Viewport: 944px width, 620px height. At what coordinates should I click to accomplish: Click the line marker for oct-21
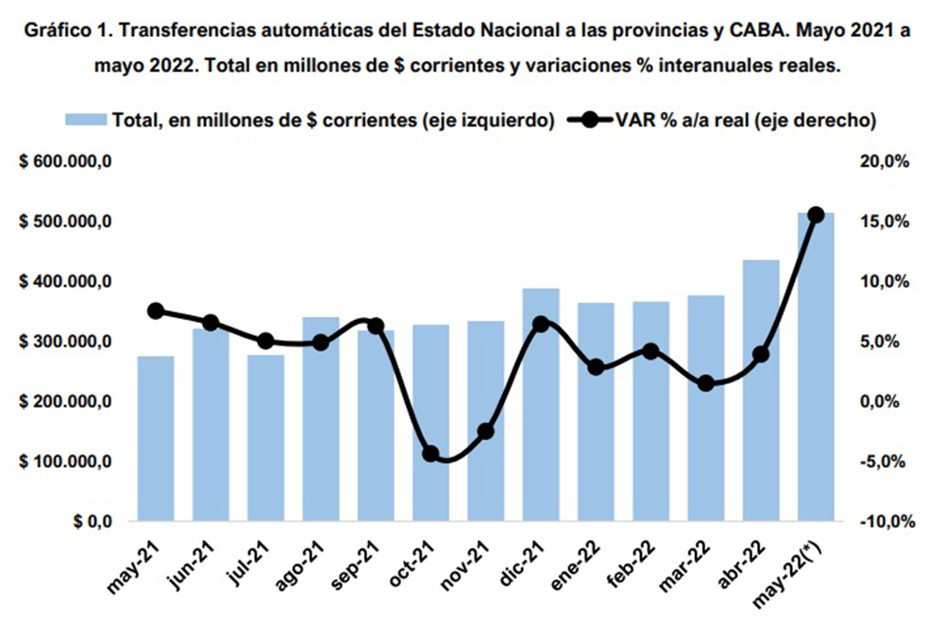[x=430, y=454]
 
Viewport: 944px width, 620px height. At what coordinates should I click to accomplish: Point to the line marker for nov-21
[x=486, y=431]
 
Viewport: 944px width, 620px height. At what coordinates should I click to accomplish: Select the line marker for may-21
[x=156, y=311]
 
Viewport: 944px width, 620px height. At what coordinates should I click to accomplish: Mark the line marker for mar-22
[x=706, y=383]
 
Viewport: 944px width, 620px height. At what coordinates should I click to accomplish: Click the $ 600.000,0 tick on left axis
[x=66, y=161]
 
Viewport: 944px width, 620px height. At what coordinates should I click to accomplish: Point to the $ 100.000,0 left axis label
[x=66, y=461]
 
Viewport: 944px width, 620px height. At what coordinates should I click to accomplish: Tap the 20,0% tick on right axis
[x=886, y=161]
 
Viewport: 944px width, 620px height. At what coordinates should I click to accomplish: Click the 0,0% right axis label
[x=888, y=402]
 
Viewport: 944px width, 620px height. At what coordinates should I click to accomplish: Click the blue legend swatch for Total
[x=86, y=120]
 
